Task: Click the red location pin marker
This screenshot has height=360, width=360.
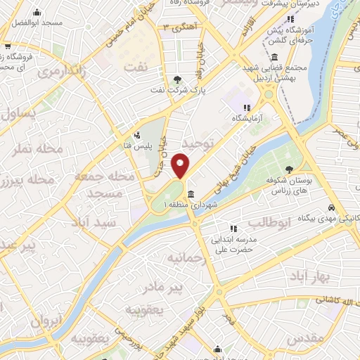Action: (x=181, y=166)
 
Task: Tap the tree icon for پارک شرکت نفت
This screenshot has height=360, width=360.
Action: (x=177, y=79)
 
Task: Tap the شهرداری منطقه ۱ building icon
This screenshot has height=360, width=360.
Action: (x=191, y=195)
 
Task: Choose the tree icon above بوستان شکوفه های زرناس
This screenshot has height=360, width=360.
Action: (x=289, y=168)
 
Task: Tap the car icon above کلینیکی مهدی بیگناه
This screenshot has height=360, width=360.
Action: (x=330, y=209)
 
